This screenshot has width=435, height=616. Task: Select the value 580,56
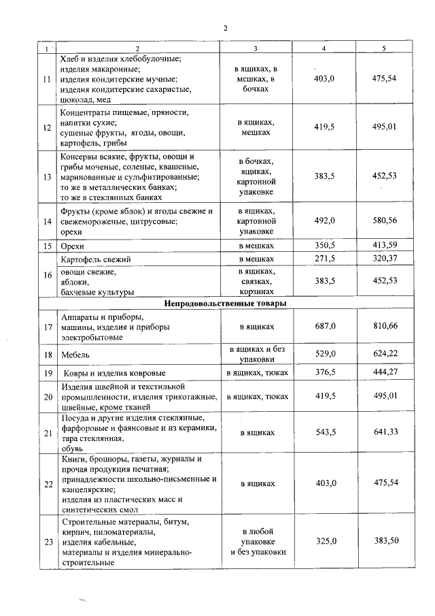pyautogui.click(x=385, y=221)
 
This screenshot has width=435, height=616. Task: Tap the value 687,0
pyautogui.click(x=324, y=327)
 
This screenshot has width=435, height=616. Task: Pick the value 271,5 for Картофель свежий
pyautogui.click(x=324, y=259)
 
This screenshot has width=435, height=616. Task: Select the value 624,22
pyautogui.click(x=385, y=354)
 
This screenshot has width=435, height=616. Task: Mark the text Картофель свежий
pyautogui.click(x=96, y=259)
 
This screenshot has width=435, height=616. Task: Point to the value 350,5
pyautogui.click(x=324, y=245)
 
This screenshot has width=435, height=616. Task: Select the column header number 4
pyautogui.click(x=324, y=49)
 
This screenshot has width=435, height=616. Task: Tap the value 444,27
pyautogui.click(x=385, y=373)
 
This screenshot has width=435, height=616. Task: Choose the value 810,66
pyautogui.click(x=385, y=327)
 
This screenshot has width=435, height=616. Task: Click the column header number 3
pyautogui.click(x=255, y=49)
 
